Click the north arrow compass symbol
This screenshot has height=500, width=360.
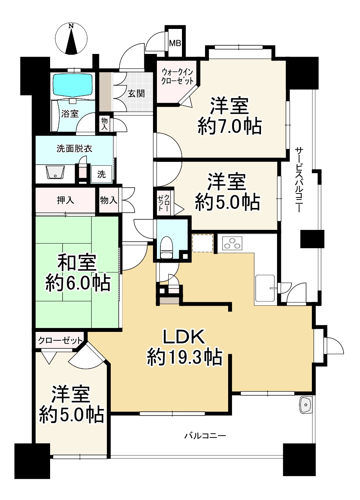pyautogui.click(x=72, y=39)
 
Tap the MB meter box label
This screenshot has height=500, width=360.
pyautogui.click(x=175, y=43)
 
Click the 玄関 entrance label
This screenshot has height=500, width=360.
pyautogui.click(x=136, y=93)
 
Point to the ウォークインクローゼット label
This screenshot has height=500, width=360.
pyautogui.click(x=177, y=76)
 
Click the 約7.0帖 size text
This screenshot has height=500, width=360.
pyautogui.click(x=229, y=127)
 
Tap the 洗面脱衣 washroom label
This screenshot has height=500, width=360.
pyautogui.click(x=74, y=149)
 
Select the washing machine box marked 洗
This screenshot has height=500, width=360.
pyautogui.click(x=101, y=174)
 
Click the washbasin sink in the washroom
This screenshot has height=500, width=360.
pyautogui.click(x=56, y=172)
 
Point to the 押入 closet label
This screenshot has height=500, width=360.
pyautogui.click(x=65, y=200)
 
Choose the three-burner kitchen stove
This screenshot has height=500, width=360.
pyautogui.click(x=232, y=243)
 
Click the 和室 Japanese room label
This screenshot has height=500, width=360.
pyautogui.click(x=77, y=263)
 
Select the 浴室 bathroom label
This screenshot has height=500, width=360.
pyautogui.click(x=70, y=114)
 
